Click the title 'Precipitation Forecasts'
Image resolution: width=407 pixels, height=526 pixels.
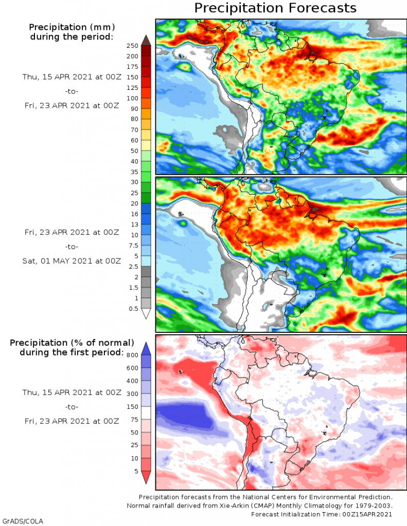[275, 8]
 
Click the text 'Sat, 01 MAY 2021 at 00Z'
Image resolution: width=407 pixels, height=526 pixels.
[72, 261]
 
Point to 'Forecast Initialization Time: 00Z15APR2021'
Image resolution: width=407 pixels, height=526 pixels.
[322, 514]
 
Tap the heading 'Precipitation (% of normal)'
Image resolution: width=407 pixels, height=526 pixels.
[72, 343]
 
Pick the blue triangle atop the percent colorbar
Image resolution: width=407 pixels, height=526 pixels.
[146, 348]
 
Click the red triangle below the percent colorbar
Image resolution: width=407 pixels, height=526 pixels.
[146, 477]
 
